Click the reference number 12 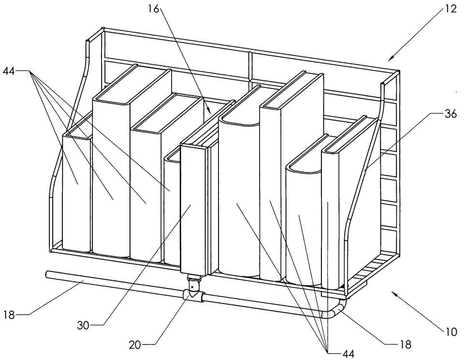click(x=450, y=9)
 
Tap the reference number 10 click(x=450, y=332)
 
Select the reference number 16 click(x=154, y=9)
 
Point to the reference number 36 click(x=450, y=114)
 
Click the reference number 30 click(x=83, y=325)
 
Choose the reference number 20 click(x=135, y=345)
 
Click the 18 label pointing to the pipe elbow click(x=406, y=345)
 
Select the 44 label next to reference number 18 click(x=348, y=353)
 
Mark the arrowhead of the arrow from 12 click(x=391, y=58)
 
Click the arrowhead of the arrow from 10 click(x=393, y=292)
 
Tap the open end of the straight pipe click(x=47, y=274)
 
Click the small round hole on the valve click(x=193, y=287)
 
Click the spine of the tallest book click(x=111, y=177)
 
